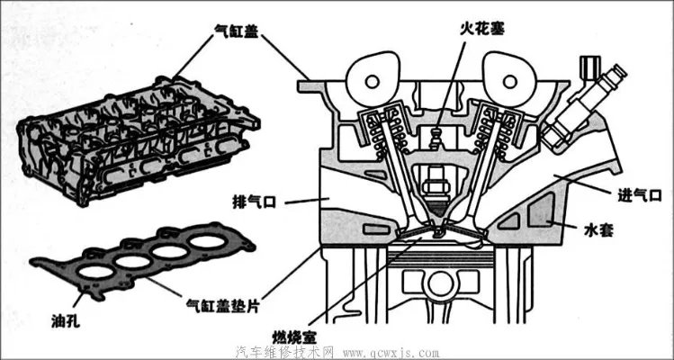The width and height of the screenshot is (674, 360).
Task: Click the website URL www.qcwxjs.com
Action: coord(391,351)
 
